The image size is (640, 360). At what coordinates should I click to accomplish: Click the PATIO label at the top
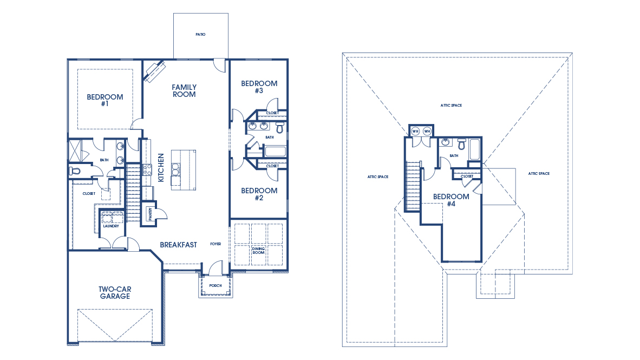click(200, 34)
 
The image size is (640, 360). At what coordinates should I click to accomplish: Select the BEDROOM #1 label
click(105, 100)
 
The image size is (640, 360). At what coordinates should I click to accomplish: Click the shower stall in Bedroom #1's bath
click(75, 150)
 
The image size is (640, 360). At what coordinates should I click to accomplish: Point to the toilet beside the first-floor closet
click(75, 171)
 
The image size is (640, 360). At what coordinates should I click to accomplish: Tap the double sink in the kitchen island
click(175, 169)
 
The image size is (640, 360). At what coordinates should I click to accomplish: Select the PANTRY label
click(150, 214)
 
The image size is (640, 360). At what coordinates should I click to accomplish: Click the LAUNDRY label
click(110, 226)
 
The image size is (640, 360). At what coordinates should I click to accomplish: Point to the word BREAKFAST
click(178, 245)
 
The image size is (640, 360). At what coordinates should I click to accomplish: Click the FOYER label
click(215, 244)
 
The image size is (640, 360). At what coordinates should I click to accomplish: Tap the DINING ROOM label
click(259, 251)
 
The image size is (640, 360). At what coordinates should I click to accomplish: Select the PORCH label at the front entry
click(215, 285)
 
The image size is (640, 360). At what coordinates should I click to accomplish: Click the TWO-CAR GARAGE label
click(114, 292)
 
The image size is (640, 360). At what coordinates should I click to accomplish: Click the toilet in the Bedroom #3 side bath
click(279, 128)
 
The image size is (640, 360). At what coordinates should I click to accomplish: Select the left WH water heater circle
click(415, 131)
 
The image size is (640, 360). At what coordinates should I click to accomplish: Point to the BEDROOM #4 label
click(450, 200)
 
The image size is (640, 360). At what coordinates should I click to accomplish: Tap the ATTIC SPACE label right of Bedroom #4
click(539, 174)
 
